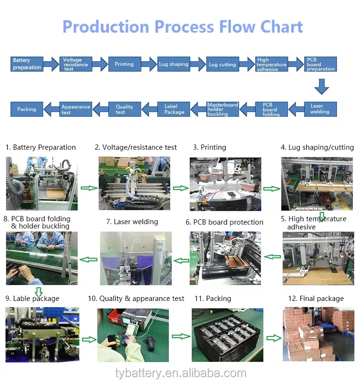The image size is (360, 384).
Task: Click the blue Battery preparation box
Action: [x=27, y=64]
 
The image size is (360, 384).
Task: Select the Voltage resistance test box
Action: [x=76, y=64]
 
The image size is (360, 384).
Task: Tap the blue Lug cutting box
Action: [x=222, y=64]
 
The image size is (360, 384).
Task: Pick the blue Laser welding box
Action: [x=320, y=109]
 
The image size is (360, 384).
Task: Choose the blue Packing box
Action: [x=27, y=109]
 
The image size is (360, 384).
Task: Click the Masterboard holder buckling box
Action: [x=222, y=109]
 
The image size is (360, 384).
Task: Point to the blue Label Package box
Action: [x=174, y=109]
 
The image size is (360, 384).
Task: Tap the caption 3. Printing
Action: [x=210, y=147]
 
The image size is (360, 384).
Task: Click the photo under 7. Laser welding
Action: [x=135, y=258]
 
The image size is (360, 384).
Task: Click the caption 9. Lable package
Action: [x=32, y=299]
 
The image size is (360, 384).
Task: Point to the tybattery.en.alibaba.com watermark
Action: [x=180, y=373]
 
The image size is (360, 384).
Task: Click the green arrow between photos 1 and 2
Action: [x=88, y=188]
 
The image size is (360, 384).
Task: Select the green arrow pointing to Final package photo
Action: [x=274, y=337]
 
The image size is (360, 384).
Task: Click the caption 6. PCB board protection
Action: [x=225, y=222]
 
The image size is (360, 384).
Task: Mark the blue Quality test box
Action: [x=124, y=109]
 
